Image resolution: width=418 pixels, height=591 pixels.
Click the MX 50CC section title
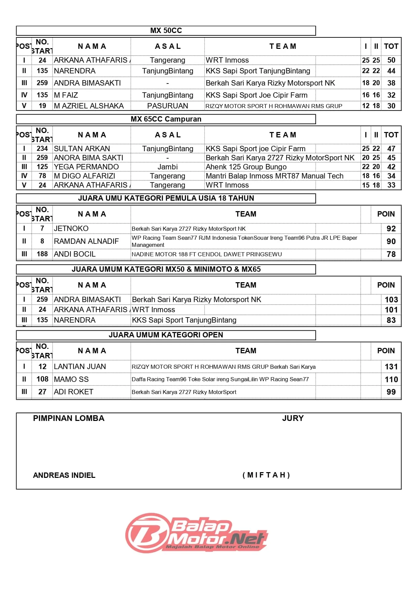pyautogui.click(x=166, y=31)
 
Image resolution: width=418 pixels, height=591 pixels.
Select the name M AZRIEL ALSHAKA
pyautogui.click(x=89, y=106)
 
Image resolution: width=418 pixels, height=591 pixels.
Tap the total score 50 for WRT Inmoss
pyautogui.click(x=391, y=60)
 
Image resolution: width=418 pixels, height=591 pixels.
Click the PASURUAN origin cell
pyautogui.click(x=167, y=106)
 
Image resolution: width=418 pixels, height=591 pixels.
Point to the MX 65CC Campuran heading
pyautogui.click(x=166, y=119)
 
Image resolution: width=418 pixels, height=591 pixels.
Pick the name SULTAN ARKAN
pyautogui.click(x=82, y=149)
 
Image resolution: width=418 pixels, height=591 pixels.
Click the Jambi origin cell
pyautogui.click(x=167, y=167)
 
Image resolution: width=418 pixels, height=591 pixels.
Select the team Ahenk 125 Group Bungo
pyautogui.click(x=246, y=167)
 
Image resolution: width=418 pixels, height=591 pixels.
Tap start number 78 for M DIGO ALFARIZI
pyautogui.click(x=42, y=176)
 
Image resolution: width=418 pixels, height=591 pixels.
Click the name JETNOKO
pyautogui.click(x=71, y=229)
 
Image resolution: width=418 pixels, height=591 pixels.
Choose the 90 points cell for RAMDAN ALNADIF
pyautogui.click(x=391, y=241)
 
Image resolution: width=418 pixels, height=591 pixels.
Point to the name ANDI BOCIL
pyautogui.click(x=75, y=254)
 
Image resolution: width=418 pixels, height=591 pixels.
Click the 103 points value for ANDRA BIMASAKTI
pyautogui.click(x=391, y=300)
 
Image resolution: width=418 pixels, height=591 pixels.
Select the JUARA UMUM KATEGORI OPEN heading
pyautogui.click(x=166, y=335)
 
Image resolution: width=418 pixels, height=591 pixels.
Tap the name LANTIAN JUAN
pyautogui.click(x=80, y=367)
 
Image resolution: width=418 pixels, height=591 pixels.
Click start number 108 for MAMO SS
pyautogui.click(x=42, y=380)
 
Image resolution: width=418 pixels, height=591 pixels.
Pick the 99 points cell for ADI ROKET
pyautogui.click(x=391, y=392)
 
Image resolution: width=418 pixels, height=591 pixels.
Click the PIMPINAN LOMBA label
pyautogui.click(x=69, y=419)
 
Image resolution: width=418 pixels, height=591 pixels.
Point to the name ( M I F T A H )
pyautogui.click(x=266, y=475)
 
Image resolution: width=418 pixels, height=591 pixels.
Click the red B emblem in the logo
pyautogui.click(x=147, y=533)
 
